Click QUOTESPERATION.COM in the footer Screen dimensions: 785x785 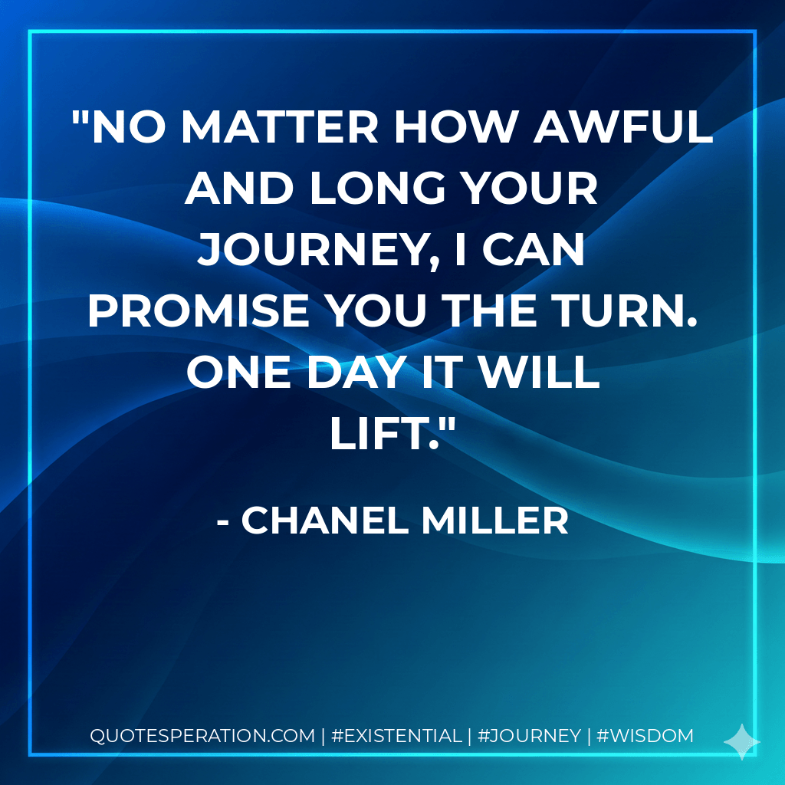[x=202, y=736]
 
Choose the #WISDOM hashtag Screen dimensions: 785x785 [x=645, y=736]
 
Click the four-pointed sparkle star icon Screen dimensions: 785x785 [x=742, y=741]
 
